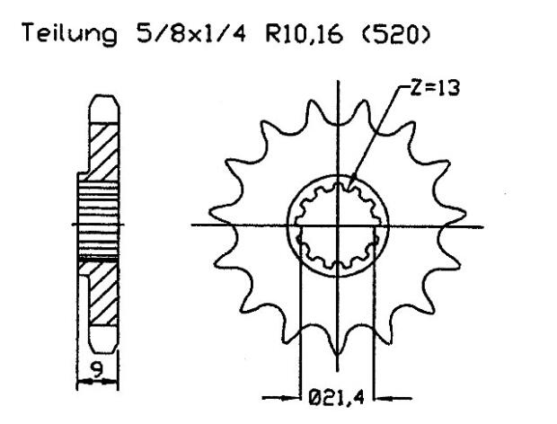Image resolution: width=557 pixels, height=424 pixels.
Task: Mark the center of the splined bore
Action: pos(337,224)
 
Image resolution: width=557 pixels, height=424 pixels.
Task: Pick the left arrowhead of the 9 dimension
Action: pos(82,382)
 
